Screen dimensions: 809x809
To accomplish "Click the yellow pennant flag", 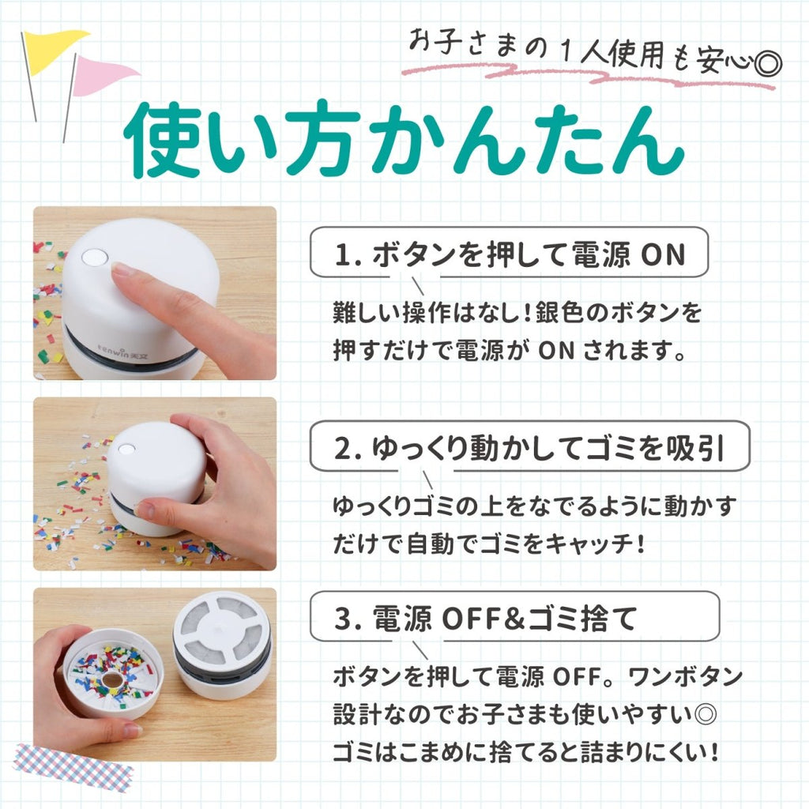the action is pos(51,49).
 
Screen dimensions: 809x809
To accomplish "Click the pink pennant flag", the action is pos(101,75).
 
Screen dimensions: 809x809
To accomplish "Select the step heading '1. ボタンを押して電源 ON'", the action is pos(510,254).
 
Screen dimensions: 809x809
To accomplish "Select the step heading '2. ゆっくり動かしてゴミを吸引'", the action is pos(529,447).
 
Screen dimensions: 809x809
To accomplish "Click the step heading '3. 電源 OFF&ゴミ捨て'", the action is pos(485,618).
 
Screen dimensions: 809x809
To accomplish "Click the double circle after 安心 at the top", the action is pos(768,64).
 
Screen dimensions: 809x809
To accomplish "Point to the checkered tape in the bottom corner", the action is pos(72,769).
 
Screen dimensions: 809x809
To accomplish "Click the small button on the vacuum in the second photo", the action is pos(126,449).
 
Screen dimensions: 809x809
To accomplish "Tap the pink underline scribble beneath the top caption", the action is pos(588,77).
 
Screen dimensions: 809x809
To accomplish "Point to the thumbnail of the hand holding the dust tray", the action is pos(155,675).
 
